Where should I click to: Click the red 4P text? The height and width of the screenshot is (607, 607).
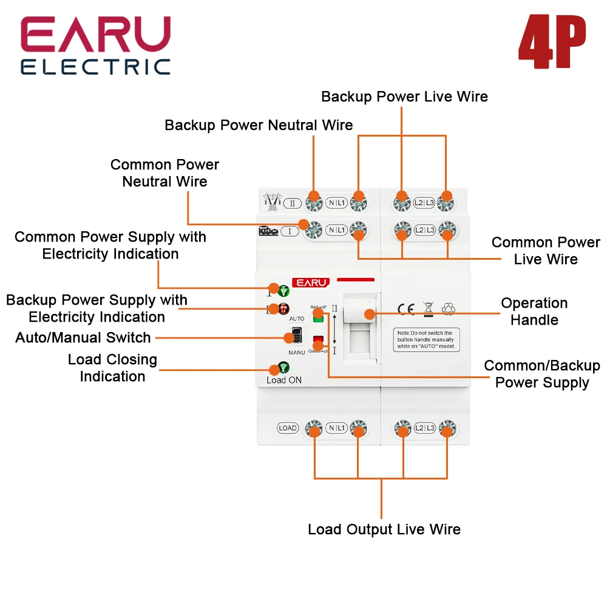552,43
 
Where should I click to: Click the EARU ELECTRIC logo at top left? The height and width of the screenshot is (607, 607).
95,46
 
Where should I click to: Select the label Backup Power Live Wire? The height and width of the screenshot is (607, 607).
404,97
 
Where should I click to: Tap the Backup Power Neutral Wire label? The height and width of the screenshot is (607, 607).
259,125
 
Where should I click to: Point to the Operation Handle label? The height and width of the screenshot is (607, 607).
534,311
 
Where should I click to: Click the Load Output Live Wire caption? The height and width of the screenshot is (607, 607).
384,529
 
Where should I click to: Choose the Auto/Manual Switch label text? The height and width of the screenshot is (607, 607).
83,337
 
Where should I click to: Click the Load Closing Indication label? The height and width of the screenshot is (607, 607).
112,368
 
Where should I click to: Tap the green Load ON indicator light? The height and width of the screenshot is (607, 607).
283,367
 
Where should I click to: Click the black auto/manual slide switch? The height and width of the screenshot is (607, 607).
297,336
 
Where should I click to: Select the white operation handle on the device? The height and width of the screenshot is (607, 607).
361,314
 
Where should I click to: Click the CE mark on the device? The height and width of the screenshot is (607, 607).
405,309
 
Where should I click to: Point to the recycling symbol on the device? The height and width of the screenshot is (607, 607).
449,309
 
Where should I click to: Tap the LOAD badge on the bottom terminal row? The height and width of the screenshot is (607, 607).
288,428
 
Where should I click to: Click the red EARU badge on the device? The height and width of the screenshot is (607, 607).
311,282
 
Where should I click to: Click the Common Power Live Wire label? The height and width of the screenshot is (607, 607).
545,251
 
